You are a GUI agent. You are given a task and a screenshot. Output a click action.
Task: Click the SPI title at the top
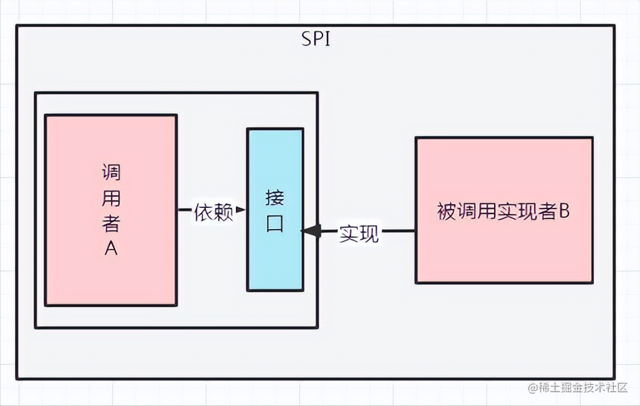pos(316,40)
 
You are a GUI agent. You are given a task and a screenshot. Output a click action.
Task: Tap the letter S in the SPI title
pos(305,40)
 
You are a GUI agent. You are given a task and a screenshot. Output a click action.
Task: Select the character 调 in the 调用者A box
pos(111,172)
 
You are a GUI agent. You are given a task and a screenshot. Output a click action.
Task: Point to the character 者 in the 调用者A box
pos(111,223)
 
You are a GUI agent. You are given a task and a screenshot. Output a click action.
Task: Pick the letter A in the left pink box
pos(111,248)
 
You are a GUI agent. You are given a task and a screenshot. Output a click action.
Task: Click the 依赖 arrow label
pos(213,212)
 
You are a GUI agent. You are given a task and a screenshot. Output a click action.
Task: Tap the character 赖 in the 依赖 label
pos(223,212)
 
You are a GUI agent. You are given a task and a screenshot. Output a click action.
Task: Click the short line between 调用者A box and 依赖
pos(184,210)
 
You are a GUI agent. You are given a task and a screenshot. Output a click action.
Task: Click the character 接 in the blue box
pos(275,198)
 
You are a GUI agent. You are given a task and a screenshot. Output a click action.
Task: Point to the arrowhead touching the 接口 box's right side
pos(311,231)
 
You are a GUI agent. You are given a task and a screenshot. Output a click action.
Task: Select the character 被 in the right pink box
pos(447,212)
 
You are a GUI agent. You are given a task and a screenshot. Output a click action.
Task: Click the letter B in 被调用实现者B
pos(563,211)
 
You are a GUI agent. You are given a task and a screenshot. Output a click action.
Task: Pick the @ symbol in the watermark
pos(533,387)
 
